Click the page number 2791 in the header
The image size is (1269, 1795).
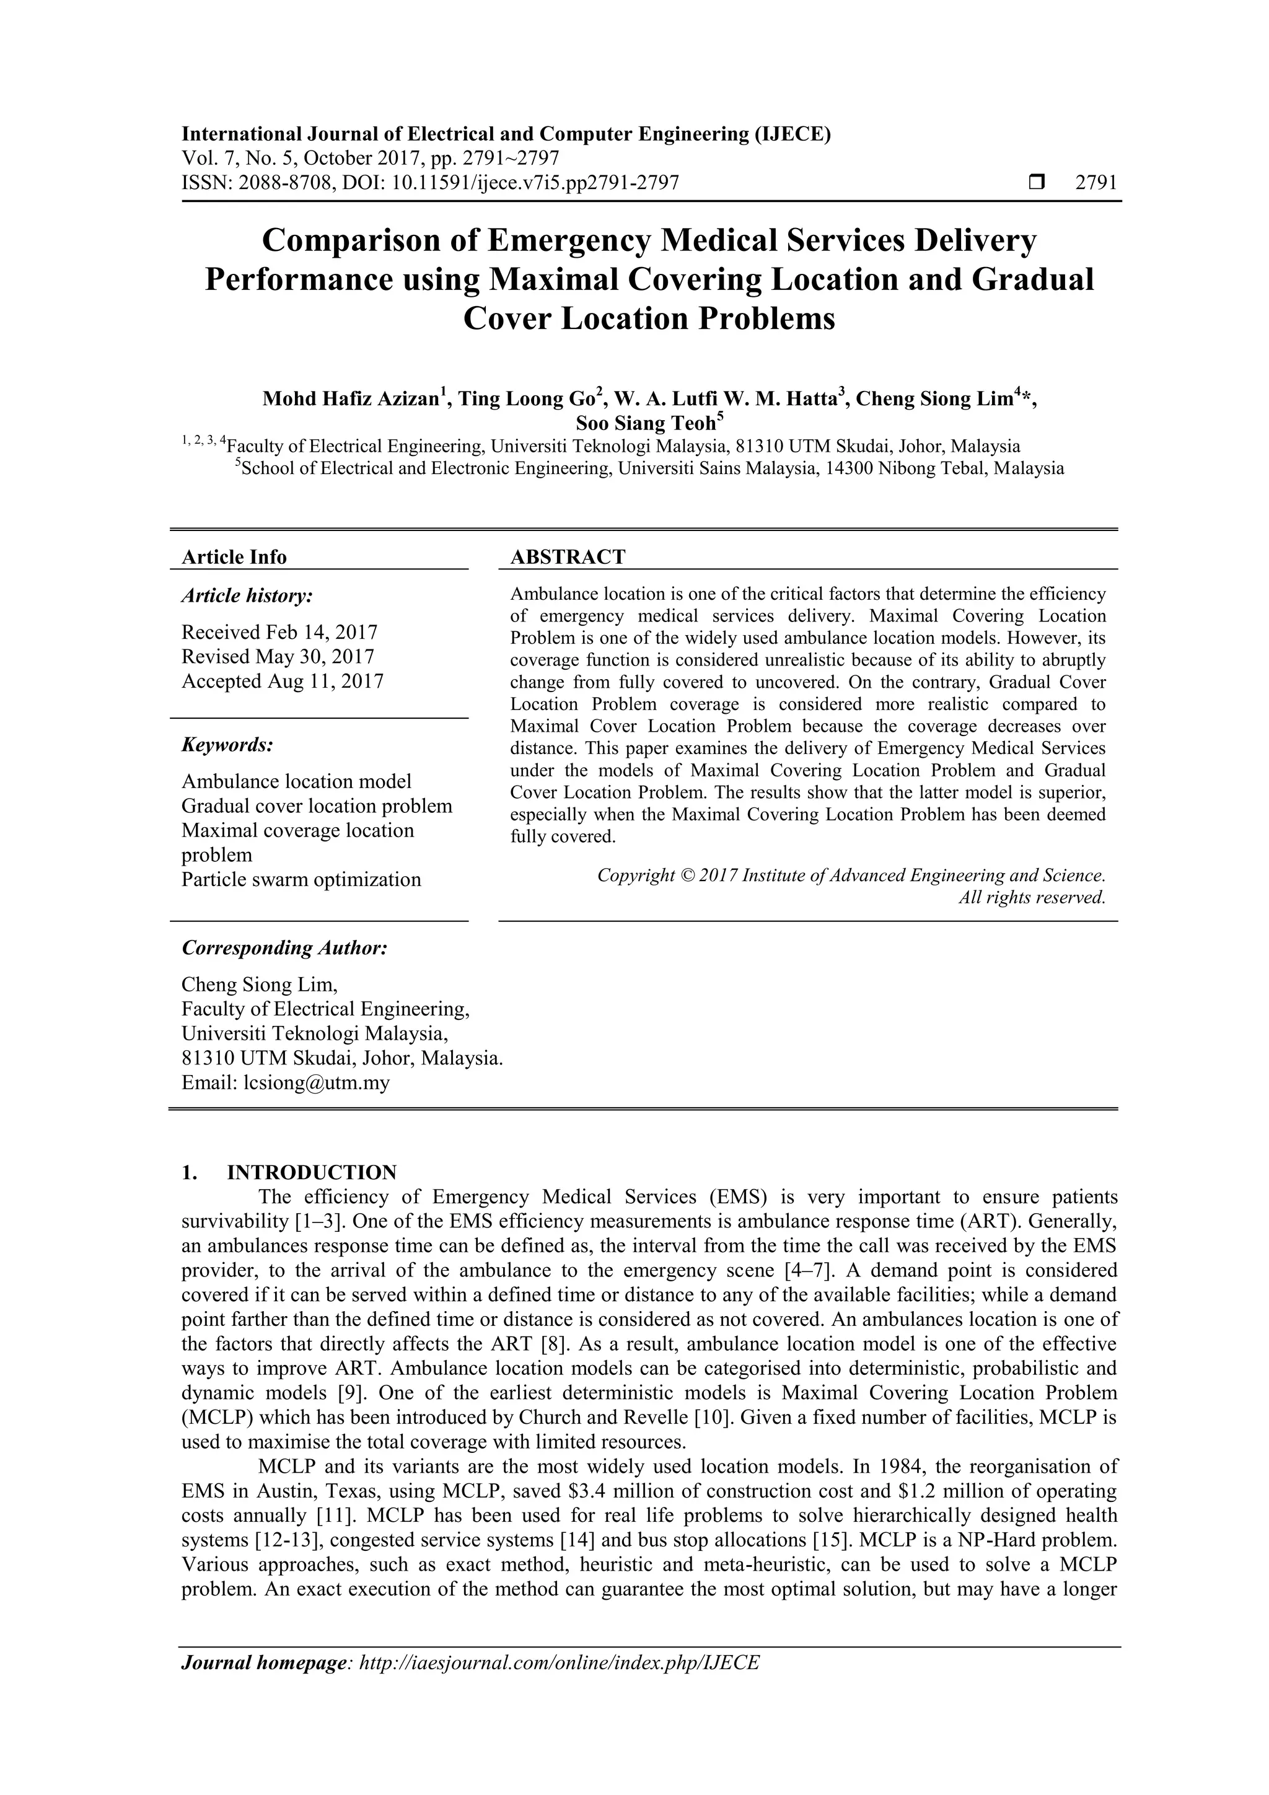coord(1096,183)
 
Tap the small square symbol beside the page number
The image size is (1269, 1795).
coord(1037,183)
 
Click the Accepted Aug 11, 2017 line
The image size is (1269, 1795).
coord(283,681)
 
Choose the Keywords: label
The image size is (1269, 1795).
coord(227,744)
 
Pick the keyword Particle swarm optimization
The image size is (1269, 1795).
coord(301,879)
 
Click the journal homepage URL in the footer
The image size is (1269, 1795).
coord(558,1684)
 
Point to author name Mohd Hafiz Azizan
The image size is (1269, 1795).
coord(350,398)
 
